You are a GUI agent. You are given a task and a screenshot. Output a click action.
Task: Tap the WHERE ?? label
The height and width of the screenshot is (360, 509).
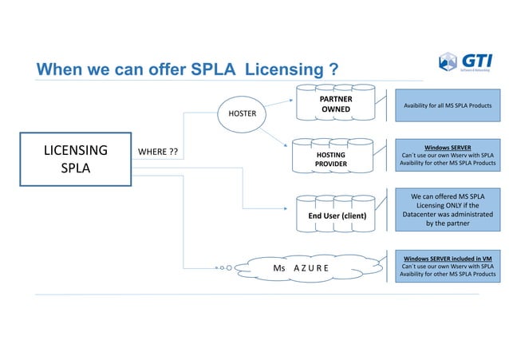click(x=158, y=152)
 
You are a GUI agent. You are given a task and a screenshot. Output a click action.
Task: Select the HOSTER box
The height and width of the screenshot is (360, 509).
click(x=243, y=113)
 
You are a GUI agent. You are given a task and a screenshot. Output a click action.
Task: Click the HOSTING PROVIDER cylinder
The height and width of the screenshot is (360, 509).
click(x=331, y=156)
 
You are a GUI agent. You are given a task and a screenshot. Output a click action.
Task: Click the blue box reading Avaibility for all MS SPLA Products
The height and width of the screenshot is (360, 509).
click(x=448, y=105)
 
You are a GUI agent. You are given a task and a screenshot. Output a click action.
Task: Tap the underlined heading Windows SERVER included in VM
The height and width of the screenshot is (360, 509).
click(x=447, y=259)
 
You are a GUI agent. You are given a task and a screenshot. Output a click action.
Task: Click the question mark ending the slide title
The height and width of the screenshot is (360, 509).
click(x=330, y=70)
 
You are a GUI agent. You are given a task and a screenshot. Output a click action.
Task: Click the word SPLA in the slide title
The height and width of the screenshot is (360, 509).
click(x=214, y=70)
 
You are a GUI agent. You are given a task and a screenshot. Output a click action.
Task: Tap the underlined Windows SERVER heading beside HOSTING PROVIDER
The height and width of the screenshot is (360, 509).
click(x=447, y=148)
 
